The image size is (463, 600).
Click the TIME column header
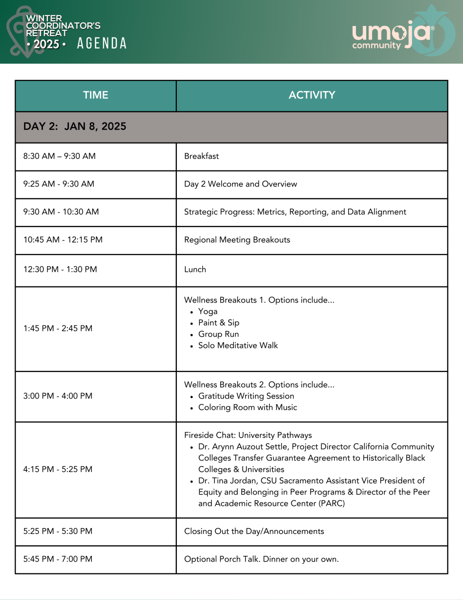point(95,95)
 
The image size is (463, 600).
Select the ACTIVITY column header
point(312,95)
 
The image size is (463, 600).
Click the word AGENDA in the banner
point(102,43)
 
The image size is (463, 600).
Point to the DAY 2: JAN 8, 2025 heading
point(75,126)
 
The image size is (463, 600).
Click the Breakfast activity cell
point(201,156)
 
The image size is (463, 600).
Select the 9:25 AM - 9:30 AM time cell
point(59,184)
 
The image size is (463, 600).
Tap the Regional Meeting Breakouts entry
point(237,239)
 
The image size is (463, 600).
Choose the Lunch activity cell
point(195,269)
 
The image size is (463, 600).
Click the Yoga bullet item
point(208,311)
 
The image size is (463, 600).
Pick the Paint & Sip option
point(219,323)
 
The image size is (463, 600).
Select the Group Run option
point(218,334)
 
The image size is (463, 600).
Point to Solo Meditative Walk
point(238,345)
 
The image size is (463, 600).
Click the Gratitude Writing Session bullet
point(246,396)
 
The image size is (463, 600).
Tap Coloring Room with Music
point(247,407)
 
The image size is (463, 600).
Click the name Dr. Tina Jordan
point(225,480)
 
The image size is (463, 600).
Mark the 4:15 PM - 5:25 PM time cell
point(58,469)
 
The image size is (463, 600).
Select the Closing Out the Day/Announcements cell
point(254,531)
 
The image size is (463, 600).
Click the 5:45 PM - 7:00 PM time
point(58,559)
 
